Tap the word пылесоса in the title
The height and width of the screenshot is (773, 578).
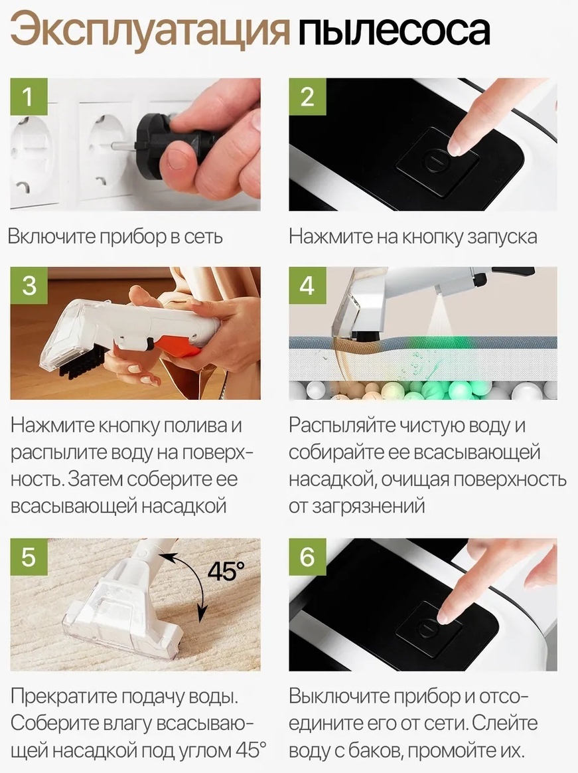click(394, 32)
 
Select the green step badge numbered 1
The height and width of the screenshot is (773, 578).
click(29, 97)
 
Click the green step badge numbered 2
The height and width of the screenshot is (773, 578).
click(307, 97)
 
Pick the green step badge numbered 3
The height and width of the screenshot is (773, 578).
click(29, 286)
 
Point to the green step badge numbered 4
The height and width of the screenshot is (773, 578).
click(307, 286)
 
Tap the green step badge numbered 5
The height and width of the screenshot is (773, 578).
click(29, 557)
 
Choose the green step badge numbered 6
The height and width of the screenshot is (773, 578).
click(307, 557)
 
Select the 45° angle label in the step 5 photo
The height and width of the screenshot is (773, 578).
click(226, 571)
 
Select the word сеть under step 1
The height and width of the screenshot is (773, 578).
click(204, 237)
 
